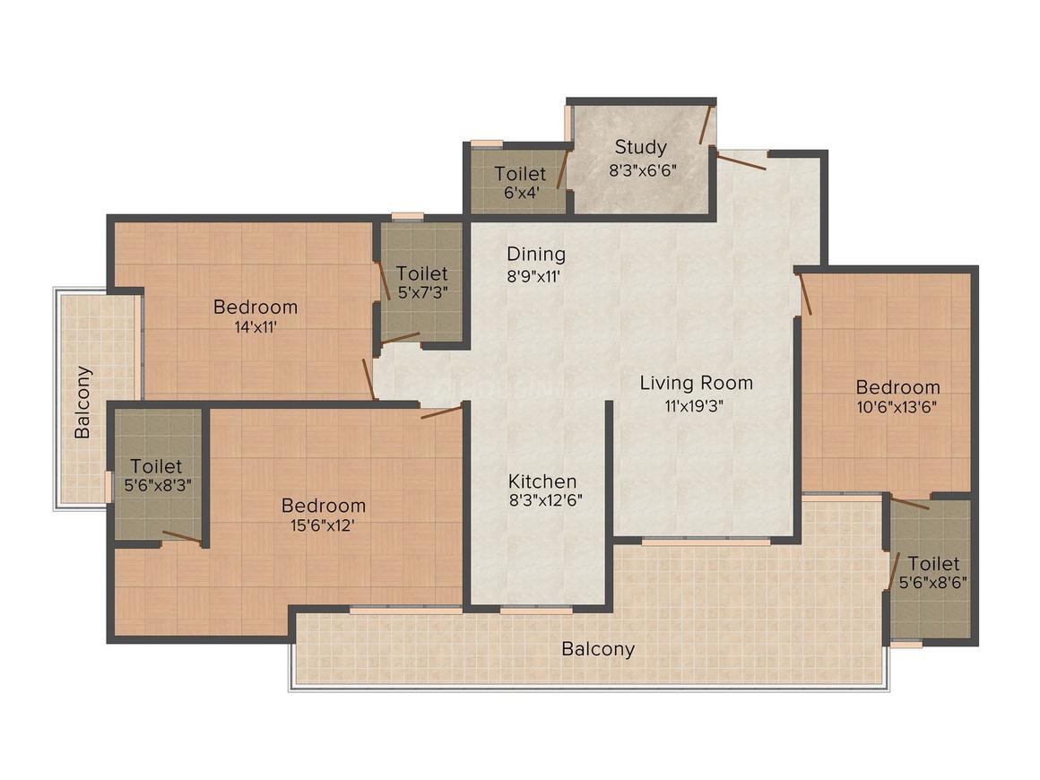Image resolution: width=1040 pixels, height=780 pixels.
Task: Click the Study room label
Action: (x=640, y=146)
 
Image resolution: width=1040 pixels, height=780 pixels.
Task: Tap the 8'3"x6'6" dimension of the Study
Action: (x=643, y=170)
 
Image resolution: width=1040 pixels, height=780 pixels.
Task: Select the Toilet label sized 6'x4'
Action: (x=520, y=173)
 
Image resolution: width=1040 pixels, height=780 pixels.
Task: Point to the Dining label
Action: (x=535, y=254)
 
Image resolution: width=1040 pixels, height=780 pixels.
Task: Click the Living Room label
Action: (x=696, y=383)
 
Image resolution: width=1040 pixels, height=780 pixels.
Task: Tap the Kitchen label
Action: (x=542, y=481)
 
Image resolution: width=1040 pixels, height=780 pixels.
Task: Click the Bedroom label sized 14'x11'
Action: (x=255, y=307)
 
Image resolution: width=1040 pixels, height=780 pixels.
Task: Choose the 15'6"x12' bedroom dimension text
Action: (x=323, y=526)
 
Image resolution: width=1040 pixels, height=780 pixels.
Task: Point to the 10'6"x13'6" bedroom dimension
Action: (x=897, y=409)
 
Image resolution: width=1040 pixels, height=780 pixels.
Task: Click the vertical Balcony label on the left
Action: (x=83, y=401)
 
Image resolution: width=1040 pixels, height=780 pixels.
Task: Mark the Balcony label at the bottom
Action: (x=598, y=648)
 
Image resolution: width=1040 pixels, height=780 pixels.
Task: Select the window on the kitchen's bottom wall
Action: (x=536, y=610)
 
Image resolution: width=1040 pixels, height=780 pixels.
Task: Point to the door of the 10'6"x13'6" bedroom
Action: (x=803, y=295)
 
